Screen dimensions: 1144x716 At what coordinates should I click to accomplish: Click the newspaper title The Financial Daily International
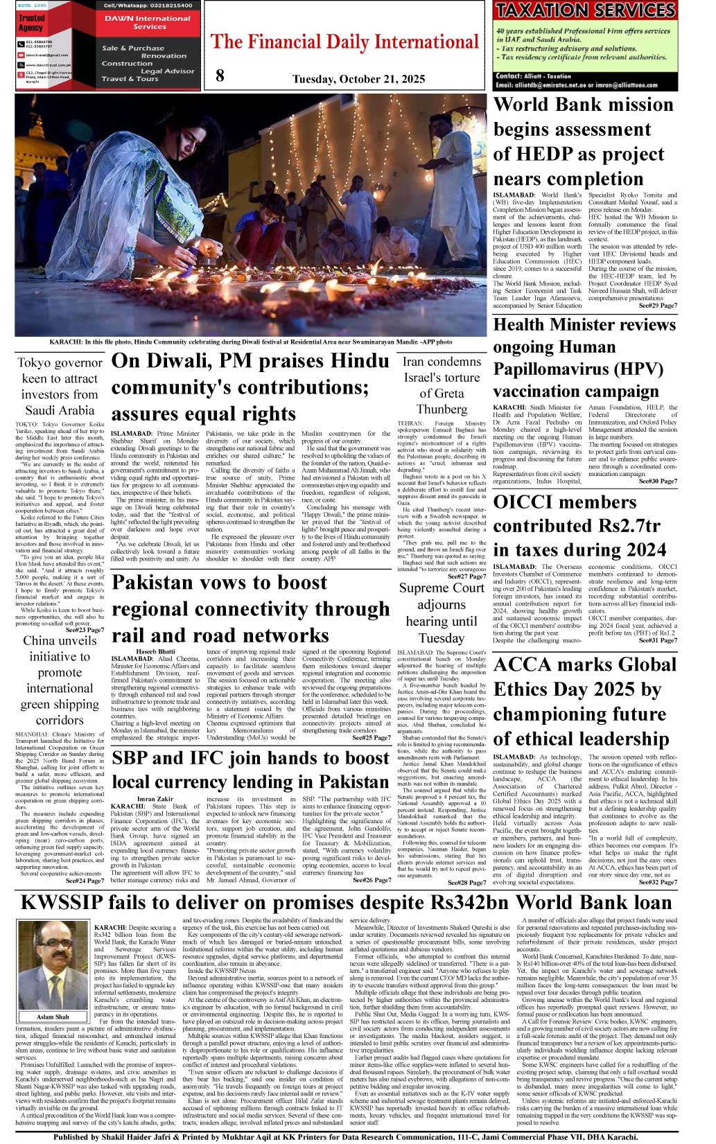coord(344,42)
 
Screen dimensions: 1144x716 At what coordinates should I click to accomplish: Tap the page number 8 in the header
coord(220,76)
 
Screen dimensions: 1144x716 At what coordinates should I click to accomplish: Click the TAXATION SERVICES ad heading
coord(585,10)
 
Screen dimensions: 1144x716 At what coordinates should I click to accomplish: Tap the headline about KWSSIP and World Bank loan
coord(347,902)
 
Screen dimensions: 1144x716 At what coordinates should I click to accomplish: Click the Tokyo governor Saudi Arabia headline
coord(60,387)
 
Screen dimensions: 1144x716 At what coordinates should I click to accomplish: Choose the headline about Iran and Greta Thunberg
coord(442,385)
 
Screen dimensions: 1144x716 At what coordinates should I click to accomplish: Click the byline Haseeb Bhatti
coord(155,651)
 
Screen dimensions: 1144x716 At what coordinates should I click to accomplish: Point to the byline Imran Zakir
coord(155,799)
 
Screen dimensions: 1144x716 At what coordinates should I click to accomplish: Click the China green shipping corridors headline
coord(60,680)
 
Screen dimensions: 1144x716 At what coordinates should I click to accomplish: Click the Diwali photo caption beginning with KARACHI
coord(251,342)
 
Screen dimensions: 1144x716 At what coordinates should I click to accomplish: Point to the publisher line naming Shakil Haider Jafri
coord(345,1137)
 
